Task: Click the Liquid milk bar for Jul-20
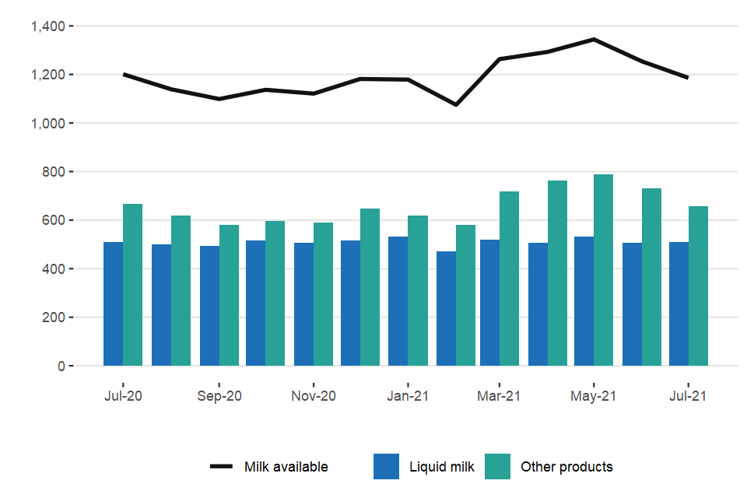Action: [114, 304]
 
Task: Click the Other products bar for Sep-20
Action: [229, 296]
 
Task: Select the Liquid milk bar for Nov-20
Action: [303, 304]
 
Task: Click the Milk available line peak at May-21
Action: [594, 39]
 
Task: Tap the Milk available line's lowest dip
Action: [456, 104]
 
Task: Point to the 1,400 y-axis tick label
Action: [48, 26]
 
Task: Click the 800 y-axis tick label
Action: [56, 172]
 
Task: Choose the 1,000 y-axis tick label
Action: [48, 124]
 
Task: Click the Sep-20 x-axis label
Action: [219, 396]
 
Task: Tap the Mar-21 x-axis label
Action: [500, 396]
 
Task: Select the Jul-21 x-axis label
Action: [689, 396]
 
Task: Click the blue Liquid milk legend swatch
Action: [387, 467]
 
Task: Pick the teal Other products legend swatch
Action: [498, 467]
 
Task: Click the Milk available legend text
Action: [286, 467]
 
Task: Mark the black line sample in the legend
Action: [222, 467]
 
